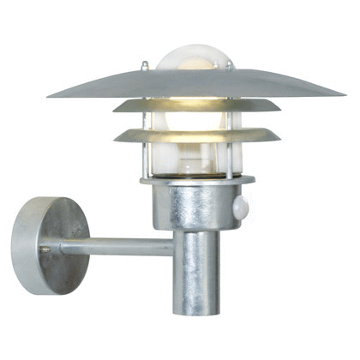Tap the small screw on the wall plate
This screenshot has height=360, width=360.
(x=45, y=249)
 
